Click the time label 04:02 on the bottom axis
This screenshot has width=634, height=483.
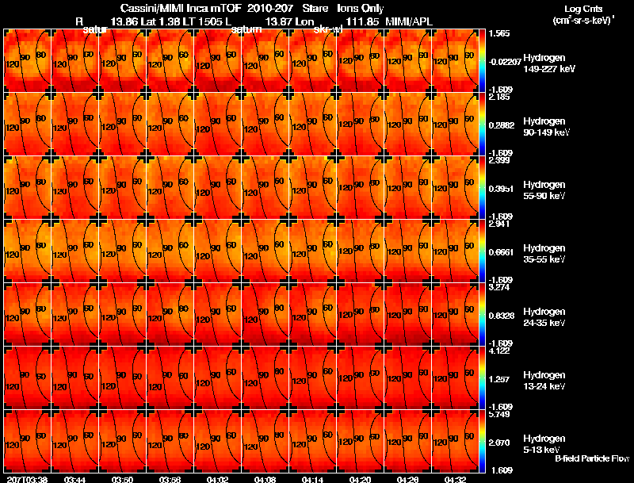pyautogui.click(x=218, y=479)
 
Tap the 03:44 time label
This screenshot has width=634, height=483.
pyautogui.click(x=75, y=479)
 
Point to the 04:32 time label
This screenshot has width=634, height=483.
pyautogui.click(x=455, y=479)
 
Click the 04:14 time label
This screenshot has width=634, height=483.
pyautogui.click(x=313, y=479)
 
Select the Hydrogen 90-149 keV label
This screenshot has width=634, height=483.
pyautogui.click(x=547, y=127)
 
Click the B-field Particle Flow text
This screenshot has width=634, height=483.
pyautogui.click(x=592, y=458)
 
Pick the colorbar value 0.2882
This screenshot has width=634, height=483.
pyautogui.click(x=502, y=125)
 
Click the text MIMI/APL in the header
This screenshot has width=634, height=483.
pyautogui.click(x=409, y=19)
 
